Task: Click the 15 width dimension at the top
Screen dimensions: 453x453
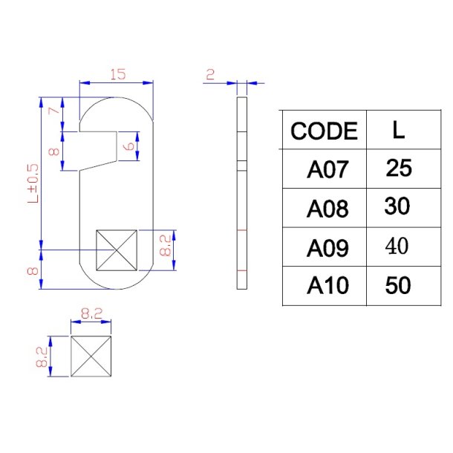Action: point(117,74)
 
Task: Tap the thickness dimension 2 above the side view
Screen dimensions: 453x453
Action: point(210,74)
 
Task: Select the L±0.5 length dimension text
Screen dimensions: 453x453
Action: point(33,183)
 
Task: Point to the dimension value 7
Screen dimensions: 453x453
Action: point(53,111)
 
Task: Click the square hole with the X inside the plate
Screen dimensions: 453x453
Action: point(117,250)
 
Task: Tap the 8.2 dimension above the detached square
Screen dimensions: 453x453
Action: point(91,314)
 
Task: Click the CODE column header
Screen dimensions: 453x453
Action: point(324,131)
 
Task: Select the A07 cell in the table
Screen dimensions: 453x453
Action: point(327,170)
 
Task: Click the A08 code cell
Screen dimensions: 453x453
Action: point(327,209)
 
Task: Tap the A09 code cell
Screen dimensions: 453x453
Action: point(327,247)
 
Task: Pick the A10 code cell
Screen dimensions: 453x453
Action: point(327,286)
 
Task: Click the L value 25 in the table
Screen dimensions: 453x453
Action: point(399,169)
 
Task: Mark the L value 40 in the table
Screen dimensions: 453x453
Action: point(398,247)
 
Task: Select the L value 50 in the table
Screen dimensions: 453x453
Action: point(399,285)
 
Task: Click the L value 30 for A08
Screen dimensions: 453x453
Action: point(398,207)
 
